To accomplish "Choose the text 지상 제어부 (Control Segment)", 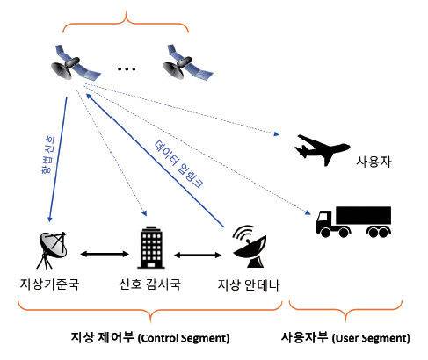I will coord(149,337).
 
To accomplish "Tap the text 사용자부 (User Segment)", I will coord(345,337).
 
